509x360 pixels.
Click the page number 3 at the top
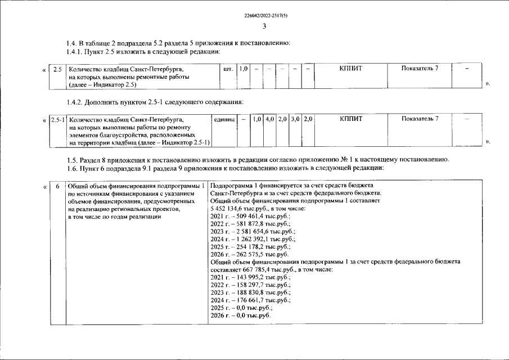click(x=264, y=26)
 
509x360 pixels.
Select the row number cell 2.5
click(x=57, y=69)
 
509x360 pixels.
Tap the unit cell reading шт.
click(x=228, y=69)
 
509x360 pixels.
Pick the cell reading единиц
click(x=224, y=119)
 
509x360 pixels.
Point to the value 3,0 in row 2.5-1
click(x=295, y=119)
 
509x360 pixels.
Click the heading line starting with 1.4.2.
click(x=155, y=102)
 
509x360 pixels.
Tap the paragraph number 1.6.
click(x=72, y=168)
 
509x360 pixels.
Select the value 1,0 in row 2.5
click(x=244, y=69)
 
